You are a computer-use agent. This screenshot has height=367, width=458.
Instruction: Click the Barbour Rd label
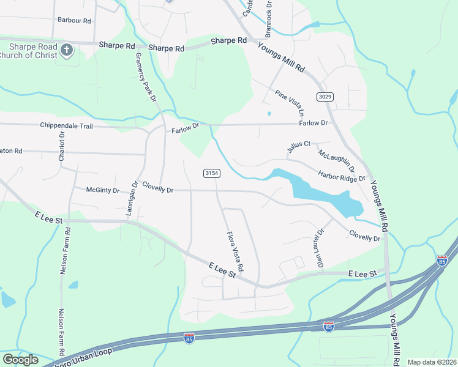point(74,20)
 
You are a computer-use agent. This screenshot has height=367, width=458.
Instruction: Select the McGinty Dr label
point(103,190)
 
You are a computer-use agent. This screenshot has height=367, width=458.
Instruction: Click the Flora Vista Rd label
point(235,251)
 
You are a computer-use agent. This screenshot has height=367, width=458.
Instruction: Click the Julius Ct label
point(299,147)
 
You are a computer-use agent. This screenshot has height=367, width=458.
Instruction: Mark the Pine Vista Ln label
point(290,103)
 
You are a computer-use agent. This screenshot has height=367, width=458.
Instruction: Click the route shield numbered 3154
point(211,174)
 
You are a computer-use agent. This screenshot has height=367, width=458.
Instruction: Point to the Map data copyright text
point(431,362)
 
